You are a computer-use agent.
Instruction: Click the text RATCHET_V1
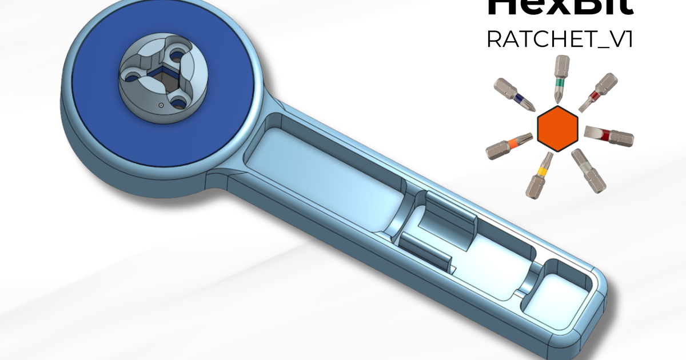[x=559, y=39]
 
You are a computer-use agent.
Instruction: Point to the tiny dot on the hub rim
[x=162, y=106]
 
